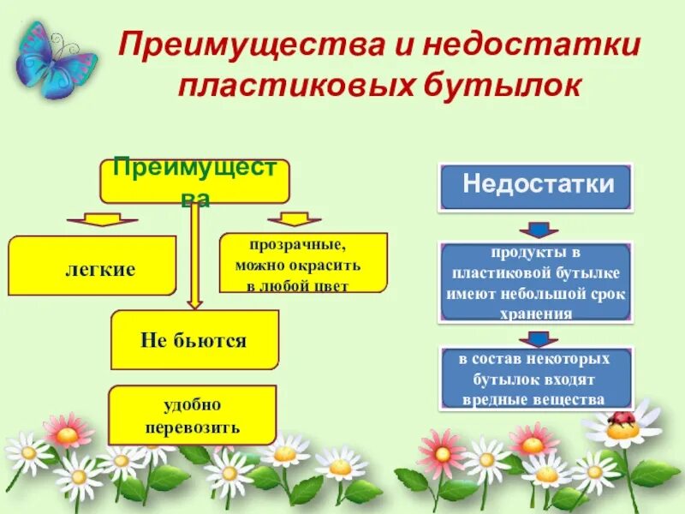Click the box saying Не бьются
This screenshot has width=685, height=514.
pyautogui.click(x=194, y=340)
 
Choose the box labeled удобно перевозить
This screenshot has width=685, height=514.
pyautogui.click(x=193, y=415)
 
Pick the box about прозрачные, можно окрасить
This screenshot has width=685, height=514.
pyautogui.click(x=303, y=263)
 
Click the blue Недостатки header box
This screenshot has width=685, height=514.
pyautogui.click(x=536, y=187)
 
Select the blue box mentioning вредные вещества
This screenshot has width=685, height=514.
pyautogui.click(x=536, y=378)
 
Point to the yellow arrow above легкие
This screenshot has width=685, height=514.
pyautogui.click(x=96, y=220)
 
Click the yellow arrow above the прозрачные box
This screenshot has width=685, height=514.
pyautogui.click(x=294, y=220)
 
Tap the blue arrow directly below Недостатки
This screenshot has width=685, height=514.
pyautogui.click(x=537, y=229)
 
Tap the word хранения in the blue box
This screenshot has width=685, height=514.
pyautogui.click(x=536, y=314)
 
